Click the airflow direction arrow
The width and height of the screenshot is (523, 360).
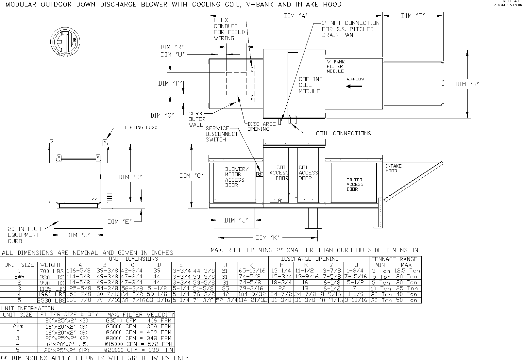tap(354, 86)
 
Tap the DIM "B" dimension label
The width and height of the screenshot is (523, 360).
tap(467, 84)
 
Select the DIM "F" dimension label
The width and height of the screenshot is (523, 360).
tap(413, 16)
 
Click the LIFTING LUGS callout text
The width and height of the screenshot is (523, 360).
tap(141, 127)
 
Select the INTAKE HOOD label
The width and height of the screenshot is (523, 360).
tap(393, 168)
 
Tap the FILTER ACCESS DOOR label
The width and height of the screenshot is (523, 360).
tap(354, 184)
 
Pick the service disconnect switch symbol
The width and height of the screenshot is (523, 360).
tap(260, 174)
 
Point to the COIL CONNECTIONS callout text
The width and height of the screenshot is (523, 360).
tap(343, 133)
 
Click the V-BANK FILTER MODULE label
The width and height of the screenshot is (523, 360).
tap(336, 66)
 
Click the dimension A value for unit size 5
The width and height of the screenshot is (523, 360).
tap(80, 300)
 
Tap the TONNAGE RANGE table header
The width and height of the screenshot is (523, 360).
tap(395, 259)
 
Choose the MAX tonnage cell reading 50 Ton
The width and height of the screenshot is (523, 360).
tap(406, 300)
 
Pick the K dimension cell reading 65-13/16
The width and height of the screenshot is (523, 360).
tap(253, 271)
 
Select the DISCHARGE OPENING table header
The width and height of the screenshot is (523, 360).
tap(310, 259)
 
